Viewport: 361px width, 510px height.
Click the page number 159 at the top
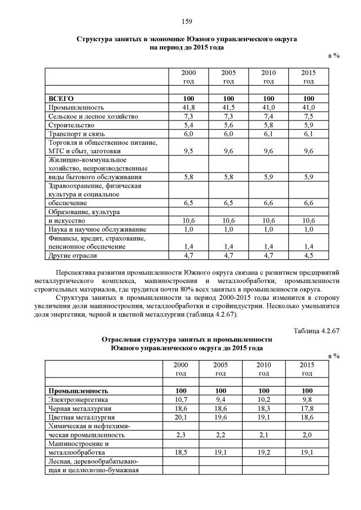187,21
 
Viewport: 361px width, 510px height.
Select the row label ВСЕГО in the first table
61,98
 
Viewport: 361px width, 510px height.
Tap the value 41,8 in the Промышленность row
189,107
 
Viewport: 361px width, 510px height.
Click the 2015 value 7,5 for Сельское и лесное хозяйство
308,116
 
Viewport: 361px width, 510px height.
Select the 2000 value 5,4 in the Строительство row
189,125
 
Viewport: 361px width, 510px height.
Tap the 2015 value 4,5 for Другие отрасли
308,255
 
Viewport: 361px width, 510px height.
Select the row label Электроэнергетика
77,399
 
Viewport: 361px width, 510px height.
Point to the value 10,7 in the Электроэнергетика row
181,399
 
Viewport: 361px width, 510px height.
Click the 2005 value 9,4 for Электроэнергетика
221,399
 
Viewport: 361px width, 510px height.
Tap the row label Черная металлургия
80,408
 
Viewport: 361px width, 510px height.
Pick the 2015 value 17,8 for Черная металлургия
307,408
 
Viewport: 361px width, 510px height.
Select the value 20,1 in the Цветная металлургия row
181,417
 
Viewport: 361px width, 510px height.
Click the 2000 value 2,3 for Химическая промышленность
181,434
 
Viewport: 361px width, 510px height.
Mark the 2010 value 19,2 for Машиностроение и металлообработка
264,452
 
